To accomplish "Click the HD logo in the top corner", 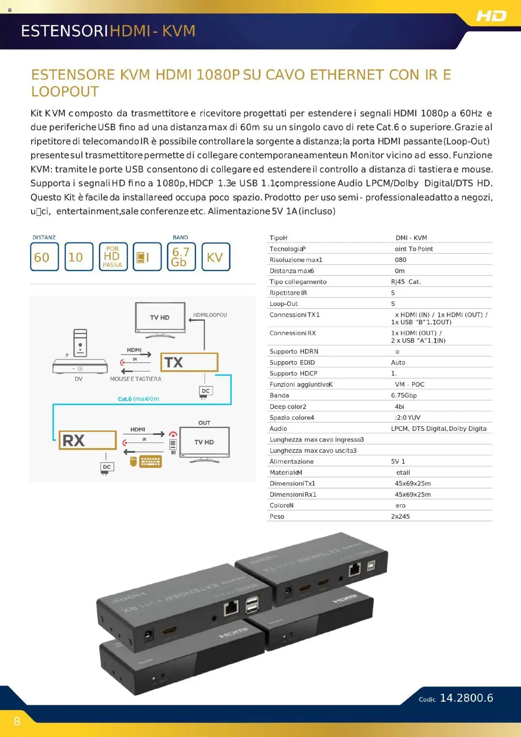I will point(491,16).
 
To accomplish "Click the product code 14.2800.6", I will point(466,698).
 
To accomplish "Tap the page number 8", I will point(17,722).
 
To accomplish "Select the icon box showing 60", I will point(44,257).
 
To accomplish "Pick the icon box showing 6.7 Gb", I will point(181,257).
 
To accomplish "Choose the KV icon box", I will point(216,257).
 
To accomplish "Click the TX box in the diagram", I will point(189,362).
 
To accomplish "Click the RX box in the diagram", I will point(88,440).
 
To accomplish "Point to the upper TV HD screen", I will point(160,318).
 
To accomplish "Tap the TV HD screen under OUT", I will point(204,442).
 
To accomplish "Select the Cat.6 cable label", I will point(138,399).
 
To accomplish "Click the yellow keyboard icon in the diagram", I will point(151,461).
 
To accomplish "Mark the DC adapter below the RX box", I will point(107,467).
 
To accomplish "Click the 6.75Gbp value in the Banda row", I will point(403,395).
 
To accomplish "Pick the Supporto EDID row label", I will point(292,362).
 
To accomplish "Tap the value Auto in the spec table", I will point(398,362).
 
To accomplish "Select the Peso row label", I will point(277,516).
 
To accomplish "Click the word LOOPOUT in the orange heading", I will point(65,92).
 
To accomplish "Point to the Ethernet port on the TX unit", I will point(355,570).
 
